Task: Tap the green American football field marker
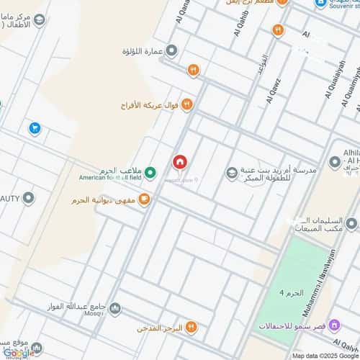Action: click(150, 172)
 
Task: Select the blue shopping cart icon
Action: click(34, 128)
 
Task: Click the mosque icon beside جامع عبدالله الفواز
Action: click(115, 309)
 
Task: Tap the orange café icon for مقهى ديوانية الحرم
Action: click(145, 199)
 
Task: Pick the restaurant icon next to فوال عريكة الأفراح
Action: click(186, 105)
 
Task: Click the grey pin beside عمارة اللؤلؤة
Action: click(172, 51)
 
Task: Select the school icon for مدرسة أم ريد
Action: click(231, 172)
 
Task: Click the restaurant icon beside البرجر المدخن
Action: click(191, 327)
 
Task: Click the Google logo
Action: click(17, 352)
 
